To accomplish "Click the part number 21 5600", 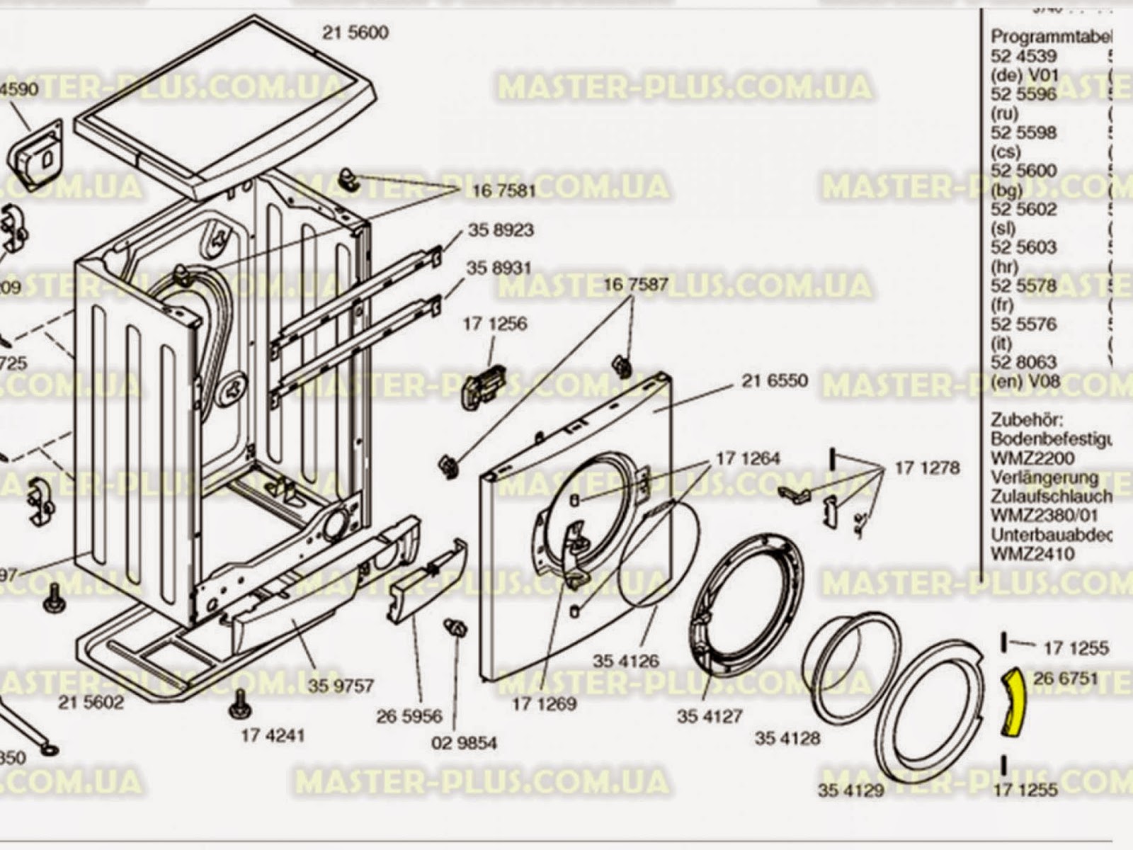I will [355, 33].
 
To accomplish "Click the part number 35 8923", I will [501, 230].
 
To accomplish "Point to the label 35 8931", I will [499, 268].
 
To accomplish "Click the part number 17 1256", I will [495, 324].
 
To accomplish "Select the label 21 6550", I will [774, 381].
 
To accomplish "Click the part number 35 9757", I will [341, 686].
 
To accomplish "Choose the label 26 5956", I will [409, 716].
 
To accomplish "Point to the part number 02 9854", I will [464, 743].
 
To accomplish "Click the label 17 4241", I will [273, 735].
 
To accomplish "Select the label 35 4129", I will [850, 790].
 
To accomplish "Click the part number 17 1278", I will [927, 467].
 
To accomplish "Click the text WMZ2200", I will [1032, 458].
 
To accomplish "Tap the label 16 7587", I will [636, 285].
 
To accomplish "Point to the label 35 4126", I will [625, 662].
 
